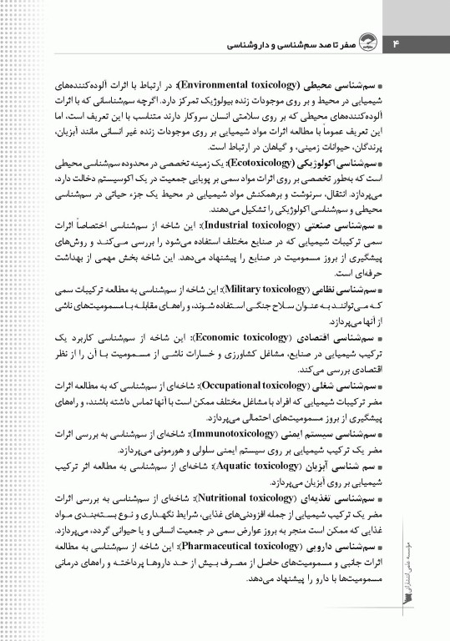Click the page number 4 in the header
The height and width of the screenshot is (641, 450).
pos(397,42)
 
